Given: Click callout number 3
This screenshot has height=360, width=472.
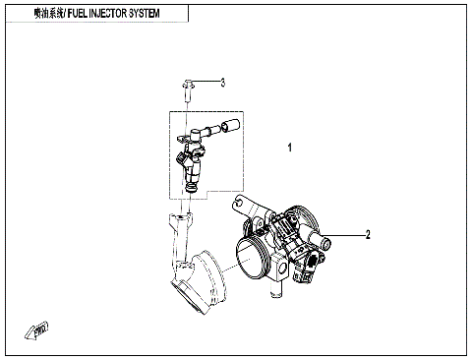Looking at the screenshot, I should pyautogui.click(x=222, y=83).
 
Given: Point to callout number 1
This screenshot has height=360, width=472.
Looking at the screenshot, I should pyautogui.click(x=289, y=149).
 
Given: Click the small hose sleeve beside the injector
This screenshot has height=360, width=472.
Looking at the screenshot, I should pyautogui.click(x=232, y=126).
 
